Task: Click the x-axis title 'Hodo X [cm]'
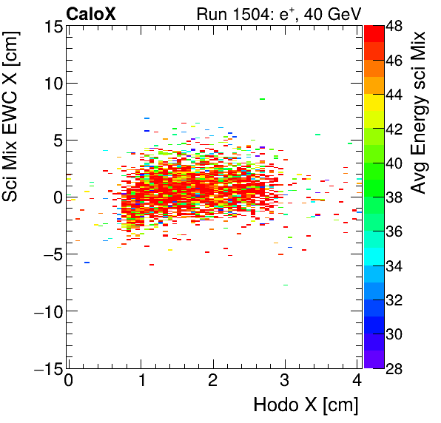tap(306, 405)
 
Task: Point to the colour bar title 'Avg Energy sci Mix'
tap(420, 111)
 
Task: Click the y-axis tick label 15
tap(50, 27)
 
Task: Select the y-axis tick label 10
tap(50, 84)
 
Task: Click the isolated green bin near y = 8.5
tap(262, 99)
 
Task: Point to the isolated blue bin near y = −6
tap(87, 263)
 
